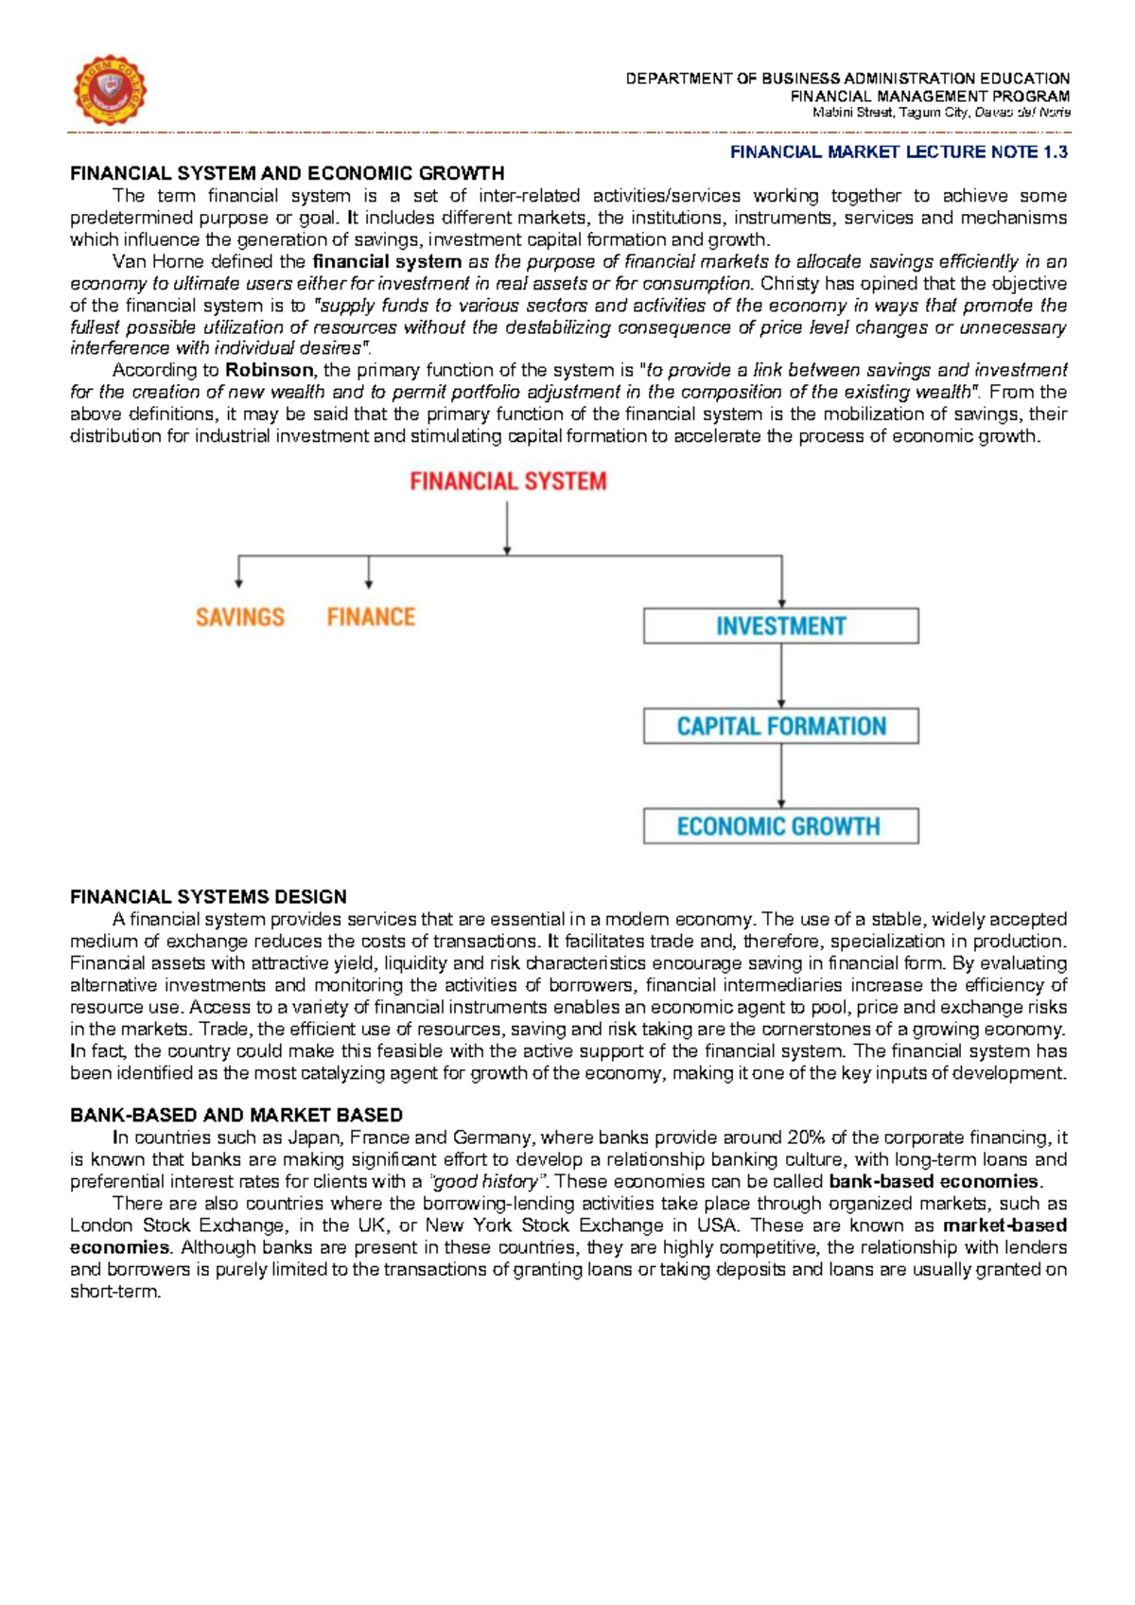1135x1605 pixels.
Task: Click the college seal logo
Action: tap(110, 91)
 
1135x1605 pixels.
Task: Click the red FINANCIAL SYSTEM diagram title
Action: tap(508, 482)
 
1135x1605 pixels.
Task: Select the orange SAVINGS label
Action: tap(239, 617)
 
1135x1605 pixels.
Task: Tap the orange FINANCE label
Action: tap(371, 617)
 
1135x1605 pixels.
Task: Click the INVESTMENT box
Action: tap(780, 626)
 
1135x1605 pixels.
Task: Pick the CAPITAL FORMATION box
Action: tap(780, 726)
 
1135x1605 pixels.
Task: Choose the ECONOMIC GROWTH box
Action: tap(780, 826)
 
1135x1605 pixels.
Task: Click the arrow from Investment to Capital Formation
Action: tap(781, 676)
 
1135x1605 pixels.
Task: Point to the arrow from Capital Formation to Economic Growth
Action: tap(781, 776)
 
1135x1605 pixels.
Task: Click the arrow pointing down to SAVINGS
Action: tap(239, 573)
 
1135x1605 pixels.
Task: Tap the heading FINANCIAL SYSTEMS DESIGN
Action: tap(208, 896)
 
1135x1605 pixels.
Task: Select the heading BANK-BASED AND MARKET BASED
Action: tap(236, 1115)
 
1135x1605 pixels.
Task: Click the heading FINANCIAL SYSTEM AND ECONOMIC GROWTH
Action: tap(287, 173)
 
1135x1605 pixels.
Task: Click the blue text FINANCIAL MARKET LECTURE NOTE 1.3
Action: tap(899, 152)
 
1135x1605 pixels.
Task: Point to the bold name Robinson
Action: tap(269, 370)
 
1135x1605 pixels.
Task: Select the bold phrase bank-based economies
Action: tap(934, 1181)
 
